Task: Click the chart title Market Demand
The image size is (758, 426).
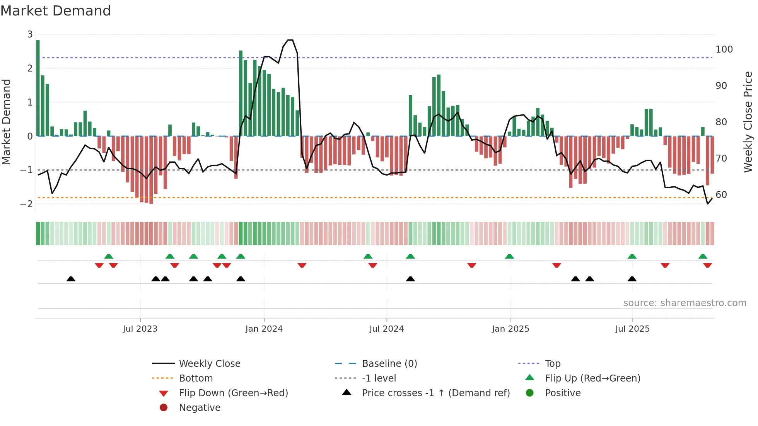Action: tap(56, 11)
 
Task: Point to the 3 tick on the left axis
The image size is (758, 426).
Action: tap(30, 34)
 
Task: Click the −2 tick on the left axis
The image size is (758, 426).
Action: tap(27, 204)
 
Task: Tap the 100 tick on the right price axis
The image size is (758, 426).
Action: tap(724, 49)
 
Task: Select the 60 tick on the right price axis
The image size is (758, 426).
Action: tap(721, 194)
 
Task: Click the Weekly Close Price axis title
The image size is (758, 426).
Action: tap(748, 122)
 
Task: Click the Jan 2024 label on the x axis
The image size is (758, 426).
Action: tap(264, 329)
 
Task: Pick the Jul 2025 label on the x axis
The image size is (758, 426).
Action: tap(632, 329)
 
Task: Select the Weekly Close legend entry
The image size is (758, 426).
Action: tap(209, 364)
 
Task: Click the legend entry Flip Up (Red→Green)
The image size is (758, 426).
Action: tap(592, 378)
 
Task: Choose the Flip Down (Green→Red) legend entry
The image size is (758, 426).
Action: tap(233, 393)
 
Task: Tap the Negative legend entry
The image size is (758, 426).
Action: tap(200, 408)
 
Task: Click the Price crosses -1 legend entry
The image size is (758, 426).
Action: tap(435, 393)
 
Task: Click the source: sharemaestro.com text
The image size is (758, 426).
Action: tap(685, 303)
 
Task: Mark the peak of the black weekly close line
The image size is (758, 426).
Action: tap(290, 40)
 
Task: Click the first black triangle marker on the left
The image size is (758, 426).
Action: tap(71, 279)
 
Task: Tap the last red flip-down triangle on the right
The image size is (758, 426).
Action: tap(707, 265)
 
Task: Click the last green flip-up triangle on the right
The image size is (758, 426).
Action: tap(703, 256)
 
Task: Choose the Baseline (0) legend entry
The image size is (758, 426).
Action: tap(389, 364)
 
